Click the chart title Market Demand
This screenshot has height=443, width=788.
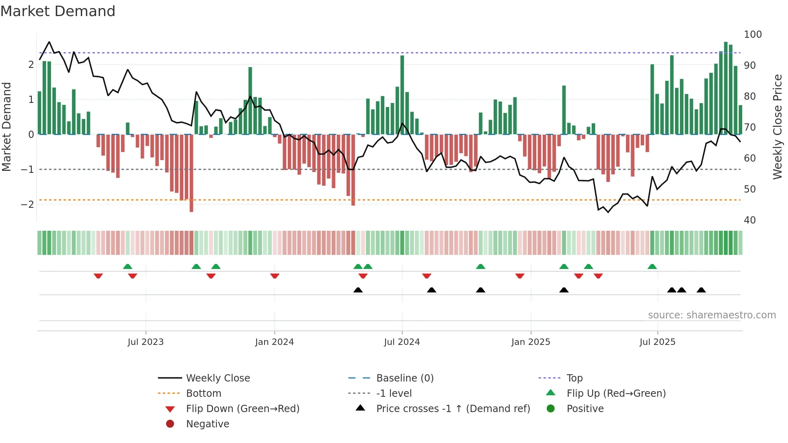coord(58,11)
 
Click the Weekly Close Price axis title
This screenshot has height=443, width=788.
coord(778,127)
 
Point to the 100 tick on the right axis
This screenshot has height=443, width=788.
coord(753,35)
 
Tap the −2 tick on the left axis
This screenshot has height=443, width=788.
coord(27,204)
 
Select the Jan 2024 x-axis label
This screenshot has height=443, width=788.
coord(274,342)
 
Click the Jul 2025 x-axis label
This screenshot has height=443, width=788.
coord(657,342)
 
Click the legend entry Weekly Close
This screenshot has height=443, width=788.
coord(218,378)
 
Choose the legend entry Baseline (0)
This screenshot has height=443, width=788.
coord(404,378)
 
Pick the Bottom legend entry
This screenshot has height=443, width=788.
coord(203,394)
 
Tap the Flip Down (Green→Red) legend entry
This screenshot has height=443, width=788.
coord(242,409)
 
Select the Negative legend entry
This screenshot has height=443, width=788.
coord(207,424)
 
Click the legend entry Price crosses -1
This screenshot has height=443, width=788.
coord(453,409)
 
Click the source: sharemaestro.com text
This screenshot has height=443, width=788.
coord(712,315)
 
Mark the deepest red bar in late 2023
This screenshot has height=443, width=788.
coord(191,173)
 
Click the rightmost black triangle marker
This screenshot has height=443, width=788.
coord(701,290)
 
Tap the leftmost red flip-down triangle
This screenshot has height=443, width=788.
coord(98,276)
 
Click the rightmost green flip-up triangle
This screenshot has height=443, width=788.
coord(652,267)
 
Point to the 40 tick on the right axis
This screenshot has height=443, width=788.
coord(749,220)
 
